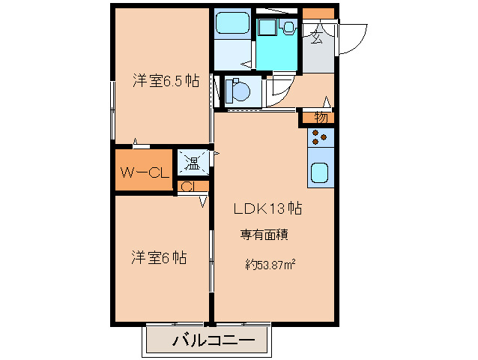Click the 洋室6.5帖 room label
tap(166, 81)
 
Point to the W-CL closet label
tap(143, 172)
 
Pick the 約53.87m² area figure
tap(269, 263)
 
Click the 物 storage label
tap(321, 117)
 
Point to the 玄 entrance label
tap(317, 34)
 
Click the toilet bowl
tap(236, 91)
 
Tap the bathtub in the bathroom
tap(232, 28)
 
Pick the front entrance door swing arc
tap(352, 41)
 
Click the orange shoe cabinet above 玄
tap(319, 13)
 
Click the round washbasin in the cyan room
tap(288, 27)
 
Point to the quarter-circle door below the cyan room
tap(282, 88)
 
